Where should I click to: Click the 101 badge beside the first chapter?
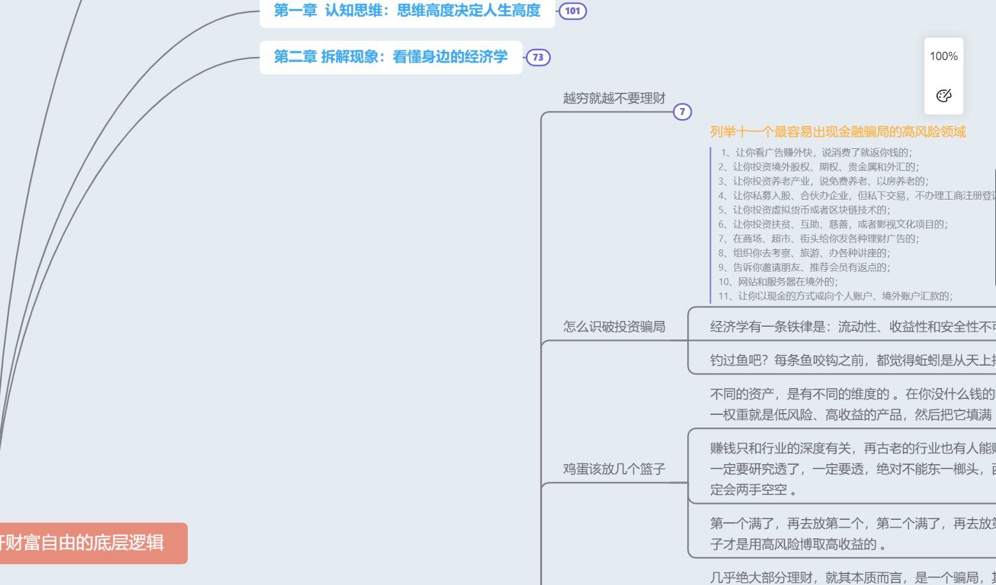pyautogui.click(x=572, y=11)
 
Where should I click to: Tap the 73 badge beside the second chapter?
pyautogui.click(x=538, y=58)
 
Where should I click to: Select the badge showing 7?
pyautogui.click(x=682, y=112)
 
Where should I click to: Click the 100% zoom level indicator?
pyautogui.click(x=944, y=56)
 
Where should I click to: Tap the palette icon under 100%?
pyautogui.click(x=944, y=96)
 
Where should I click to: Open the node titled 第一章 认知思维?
pyautogui.click(x=407, y=11)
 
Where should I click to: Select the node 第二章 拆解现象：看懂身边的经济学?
pyautogui.click(x=391, y=57)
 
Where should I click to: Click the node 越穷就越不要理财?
pyautogui.click(x=614, y=98)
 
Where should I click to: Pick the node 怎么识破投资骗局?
pyautogui.click(x=614, y=327)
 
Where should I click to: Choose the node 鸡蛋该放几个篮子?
pyautogui.click(x=614, y=469)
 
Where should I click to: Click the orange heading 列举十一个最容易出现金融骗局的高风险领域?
pyautogui.click(x=837, y=132)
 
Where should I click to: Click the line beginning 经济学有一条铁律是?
pyautogui.click(x=850, y=327)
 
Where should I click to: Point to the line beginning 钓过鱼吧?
pyautogui.click(x=850, y=360)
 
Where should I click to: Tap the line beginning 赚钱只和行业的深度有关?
pyautogui.click(x=850, y=448)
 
